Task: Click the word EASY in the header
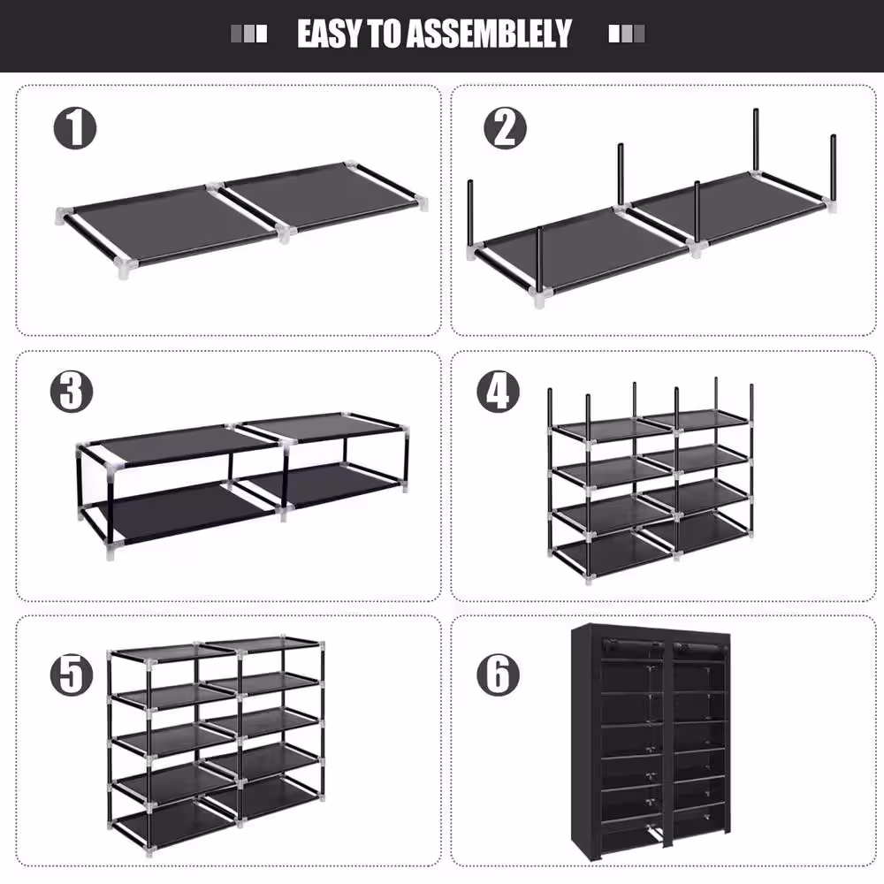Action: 328,34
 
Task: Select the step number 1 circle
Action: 75,129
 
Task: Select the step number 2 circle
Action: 505,129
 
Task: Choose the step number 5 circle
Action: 71,676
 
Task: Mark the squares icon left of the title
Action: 248,34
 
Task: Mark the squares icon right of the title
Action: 627,34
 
